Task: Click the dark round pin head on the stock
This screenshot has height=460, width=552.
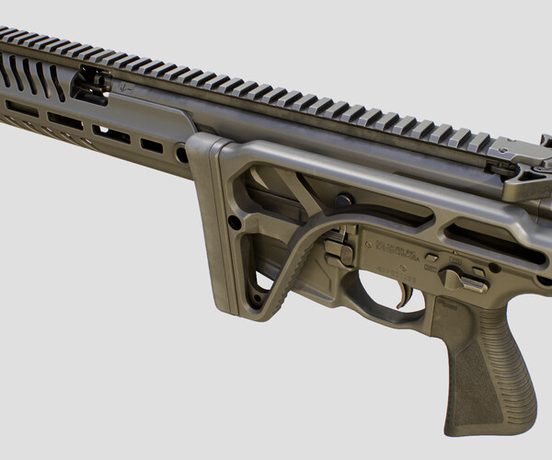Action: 343,200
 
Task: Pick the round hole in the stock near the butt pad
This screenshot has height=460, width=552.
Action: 236,222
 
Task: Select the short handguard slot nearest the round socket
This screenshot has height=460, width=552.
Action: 152,145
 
